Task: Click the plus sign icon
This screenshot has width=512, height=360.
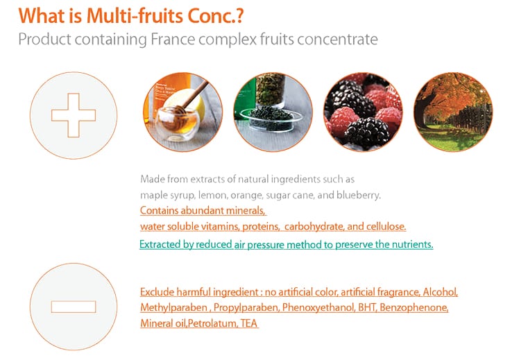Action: coord(74,115)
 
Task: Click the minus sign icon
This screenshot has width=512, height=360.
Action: coord(74,307)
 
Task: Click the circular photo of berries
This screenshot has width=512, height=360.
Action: coord(363,112)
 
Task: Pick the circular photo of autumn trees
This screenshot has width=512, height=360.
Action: coord(453,112)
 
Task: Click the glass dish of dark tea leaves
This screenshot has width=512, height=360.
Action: coord(271,119)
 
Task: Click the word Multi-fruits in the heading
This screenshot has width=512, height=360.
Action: coord(135,16)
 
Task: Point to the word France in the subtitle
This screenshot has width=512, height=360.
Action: coord(173,39)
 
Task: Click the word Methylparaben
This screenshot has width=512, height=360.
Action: coord(173,307)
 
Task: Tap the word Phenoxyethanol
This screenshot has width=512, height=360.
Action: coord(318,307)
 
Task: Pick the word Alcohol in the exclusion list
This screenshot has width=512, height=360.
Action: coord(440,292)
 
